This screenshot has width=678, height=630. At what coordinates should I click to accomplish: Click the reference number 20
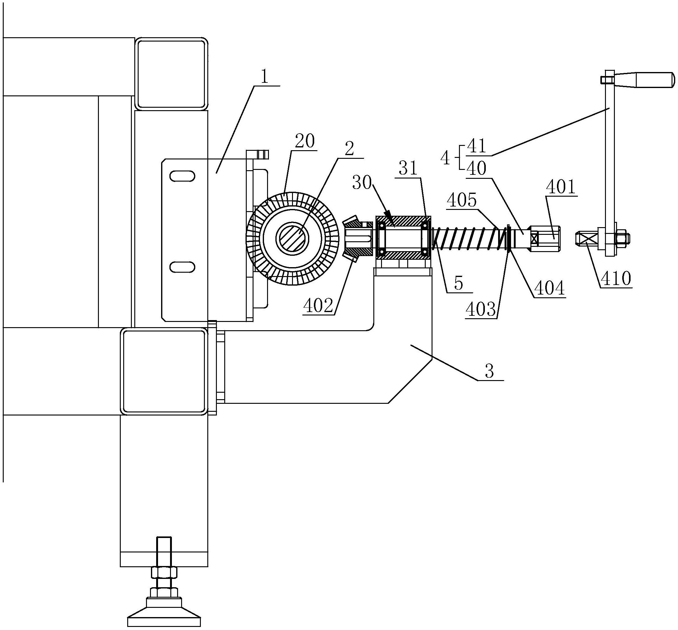[305, 141]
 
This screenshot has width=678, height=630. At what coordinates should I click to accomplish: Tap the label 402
[318, 306]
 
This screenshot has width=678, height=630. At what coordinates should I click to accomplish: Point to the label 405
[462, 200]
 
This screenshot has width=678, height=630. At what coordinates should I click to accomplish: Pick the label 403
[481, 309]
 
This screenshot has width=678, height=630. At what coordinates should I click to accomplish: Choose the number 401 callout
[561, 187]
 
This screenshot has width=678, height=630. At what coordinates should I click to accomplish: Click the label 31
[408, 168]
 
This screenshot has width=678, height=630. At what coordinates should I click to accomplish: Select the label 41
[477, 146]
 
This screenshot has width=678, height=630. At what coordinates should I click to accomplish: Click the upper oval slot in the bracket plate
[182, 176]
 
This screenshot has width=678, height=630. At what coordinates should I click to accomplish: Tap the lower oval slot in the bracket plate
[182, 267]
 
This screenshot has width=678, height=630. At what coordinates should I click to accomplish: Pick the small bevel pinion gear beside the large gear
[356, 239]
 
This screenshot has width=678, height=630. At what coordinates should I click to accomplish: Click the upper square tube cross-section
[171, 74]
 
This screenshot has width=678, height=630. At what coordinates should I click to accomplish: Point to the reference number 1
[264, 77]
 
